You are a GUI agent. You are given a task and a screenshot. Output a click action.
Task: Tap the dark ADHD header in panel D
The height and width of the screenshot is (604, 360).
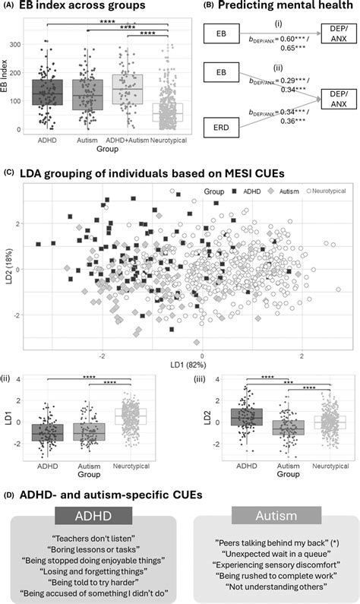(90, 517)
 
